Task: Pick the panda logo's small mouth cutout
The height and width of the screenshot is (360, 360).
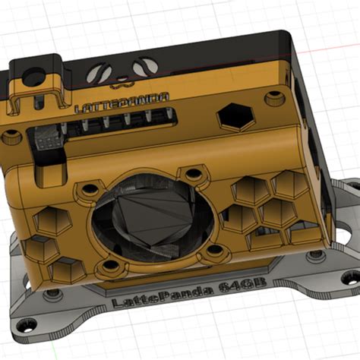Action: (121, 76)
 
